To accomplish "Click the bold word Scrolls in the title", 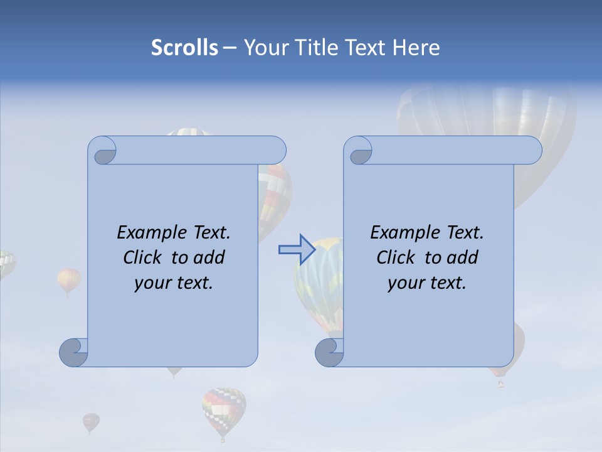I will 184,48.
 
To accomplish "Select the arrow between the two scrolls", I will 296,250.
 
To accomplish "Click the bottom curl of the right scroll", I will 329,352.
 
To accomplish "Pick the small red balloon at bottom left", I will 91,421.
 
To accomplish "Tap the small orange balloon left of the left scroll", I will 69,280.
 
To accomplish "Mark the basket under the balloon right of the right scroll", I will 500,383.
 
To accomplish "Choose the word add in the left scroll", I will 208,257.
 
